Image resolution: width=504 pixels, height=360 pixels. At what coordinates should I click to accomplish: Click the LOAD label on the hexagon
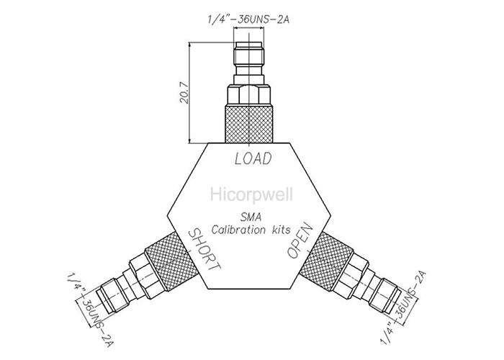252,159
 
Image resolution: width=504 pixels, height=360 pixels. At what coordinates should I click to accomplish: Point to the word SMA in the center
252,217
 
